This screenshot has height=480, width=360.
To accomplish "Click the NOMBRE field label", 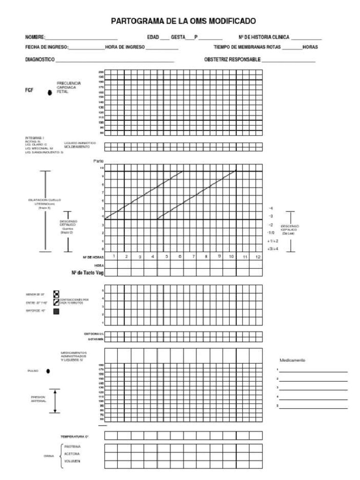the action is [35, 37].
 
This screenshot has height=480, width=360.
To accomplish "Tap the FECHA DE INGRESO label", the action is [46, 47].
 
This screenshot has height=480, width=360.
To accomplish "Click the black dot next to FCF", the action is [50, 93].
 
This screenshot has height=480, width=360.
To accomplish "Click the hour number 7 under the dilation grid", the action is [194, 257].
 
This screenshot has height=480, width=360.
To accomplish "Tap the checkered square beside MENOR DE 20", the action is [56, 294].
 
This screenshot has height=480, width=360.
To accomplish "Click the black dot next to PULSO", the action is [49, 371].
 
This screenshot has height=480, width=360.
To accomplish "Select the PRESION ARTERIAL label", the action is [38, 399].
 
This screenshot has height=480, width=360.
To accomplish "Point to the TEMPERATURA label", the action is [75, 436].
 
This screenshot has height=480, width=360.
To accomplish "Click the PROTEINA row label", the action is [70, 447].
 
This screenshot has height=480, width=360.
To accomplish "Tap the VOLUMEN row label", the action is [70, 462].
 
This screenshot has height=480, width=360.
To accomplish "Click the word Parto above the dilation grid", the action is [98, 161].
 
